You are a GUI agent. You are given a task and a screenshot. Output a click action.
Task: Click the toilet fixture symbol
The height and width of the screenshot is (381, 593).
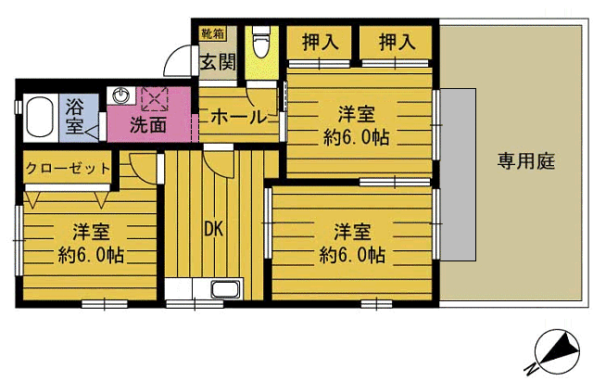point(260,42)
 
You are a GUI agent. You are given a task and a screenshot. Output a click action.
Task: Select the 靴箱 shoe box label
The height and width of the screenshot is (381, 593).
point(212,33)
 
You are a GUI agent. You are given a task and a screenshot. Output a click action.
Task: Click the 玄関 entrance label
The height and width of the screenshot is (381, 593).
point(218,62)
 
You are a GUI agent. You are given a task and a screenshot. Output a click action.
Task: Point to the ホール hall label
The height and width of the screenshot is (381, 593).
point(239,117)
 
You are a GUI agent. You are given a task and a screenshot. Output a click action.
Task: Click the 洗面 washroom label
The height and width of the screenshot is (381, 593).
point(148,124)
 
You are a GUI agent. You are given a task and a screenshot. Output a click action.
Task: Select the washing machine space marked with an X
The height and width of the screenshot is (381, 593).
point(155,99)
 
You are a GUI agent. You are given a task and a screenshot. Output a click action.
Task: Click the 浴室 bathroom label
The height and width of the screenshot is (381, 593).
point(74,116)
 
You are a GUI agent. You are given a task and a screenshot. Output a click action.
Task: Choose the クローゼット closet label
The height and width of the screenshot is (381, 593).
point(68,168)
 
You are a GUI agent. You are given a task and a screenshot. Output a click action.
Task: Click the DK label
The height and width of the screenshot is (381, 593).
point(214,229)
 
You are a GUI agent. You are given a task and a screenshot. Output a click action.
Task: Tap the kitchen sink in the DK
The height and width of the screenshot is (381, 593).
point(226,289)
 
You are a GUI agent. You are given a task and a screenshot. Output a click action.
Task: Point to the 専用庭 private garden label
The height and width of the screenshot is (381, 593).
point(526,161)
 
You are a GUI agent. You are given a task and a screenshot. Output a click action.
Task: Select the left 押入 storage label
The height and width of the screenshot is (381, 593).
point(320,42)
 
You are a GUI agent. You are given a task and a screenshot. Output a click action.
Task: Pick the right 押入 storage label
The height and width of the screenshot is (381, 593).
point(397,42)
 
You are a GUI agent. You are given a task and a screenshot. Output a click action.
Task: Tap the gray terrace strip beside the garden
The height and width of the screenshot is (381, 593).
point(458,174)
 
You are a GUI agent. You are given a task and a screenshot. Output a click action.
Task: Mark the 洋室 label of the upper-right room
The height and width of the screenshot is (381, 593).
point(356,114)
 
